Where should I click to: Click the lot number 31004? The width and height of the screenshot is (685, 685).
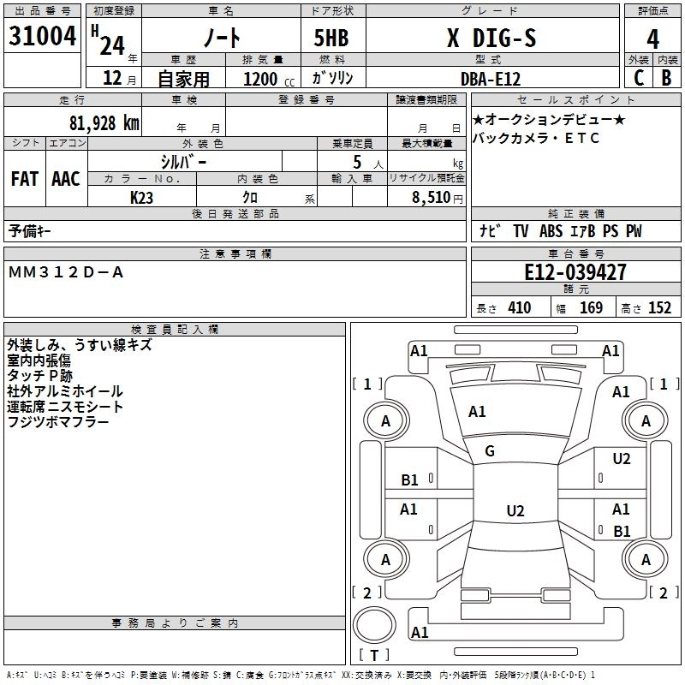42,36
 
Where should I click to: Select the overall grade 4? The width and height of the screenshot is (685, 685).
652,39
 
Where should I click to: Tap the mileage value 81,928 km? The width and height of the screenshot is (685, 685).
104,123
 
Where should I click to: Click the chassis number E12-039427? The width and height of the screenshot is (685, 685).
575,272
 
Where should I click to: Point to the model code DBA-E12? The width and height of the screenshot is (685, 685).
491,79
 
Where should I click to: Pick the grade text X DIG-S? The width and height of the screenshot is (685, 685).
491,38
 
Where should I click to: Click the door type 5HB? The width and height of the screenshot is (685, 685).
331,38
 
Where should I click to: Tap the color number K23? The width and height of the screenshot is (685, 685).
141,198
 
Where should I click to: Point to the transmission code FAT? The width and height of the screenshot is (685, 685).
25,179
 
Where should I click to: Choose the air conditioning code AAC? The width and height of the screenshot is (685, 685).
66,179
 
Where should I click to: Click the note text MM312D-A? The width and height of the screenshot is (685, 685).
66,272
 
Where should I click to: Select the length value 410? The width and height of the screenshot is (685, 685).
520,307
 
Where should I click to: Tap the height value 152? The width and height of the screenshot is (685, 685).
659,307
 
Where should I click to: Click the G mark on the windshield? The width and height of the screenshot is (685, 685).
490,451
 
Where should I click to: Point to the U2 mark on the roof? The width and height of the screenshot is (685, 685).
515,510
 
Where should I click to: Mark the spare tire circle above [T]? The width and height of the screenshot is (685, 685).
374,625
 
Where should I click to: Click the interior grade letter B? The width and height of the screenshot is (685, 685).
667,78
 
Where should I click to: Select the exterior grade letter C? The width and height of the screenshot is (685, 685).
639,78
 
